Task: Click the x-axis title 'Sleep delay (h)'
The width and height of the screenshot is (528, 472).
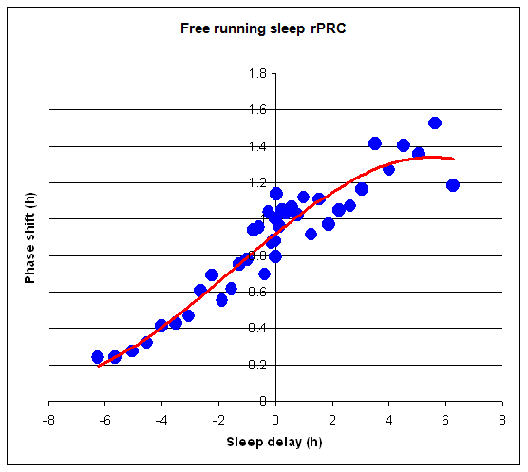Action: pos(275,442)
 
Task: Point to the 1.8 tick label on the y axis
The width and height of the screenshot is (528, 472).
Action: pos(256,74)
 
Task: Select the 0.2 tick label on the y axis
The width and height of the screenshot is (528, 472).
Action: pos(256,365)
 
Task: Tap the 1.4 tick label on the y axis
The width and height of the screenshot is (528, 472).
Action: pos(256,146)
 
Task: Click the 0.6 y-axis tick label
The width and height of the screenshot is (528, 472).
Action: pos(256,293)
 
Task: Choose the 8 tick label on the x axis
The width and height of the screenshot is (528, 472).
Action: pos(501,418)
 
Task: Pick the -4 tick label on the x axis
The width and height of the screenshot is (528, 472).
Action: pos(161,418)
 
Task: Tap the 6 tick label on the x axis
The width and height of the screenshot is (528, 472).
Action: pos(445,418)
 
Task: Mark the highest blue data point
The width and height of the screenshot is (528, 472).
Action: pos(435,123)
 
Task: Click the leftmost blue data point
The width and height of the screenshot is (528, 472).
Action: pos(97,357)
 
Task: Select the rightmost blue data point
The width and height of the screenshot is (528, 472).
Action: pos(453,185)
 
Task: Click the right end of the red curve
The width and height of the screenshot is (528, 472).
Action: pos(454,160)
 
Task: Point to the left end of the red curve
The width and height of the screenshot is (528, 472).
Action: pos(98,365)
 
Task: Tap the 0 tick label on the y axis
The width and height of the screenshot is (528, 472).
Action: pos(262,401)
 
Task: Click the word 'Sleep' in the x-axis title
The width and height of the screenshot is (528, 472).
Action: pos(243,442)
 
